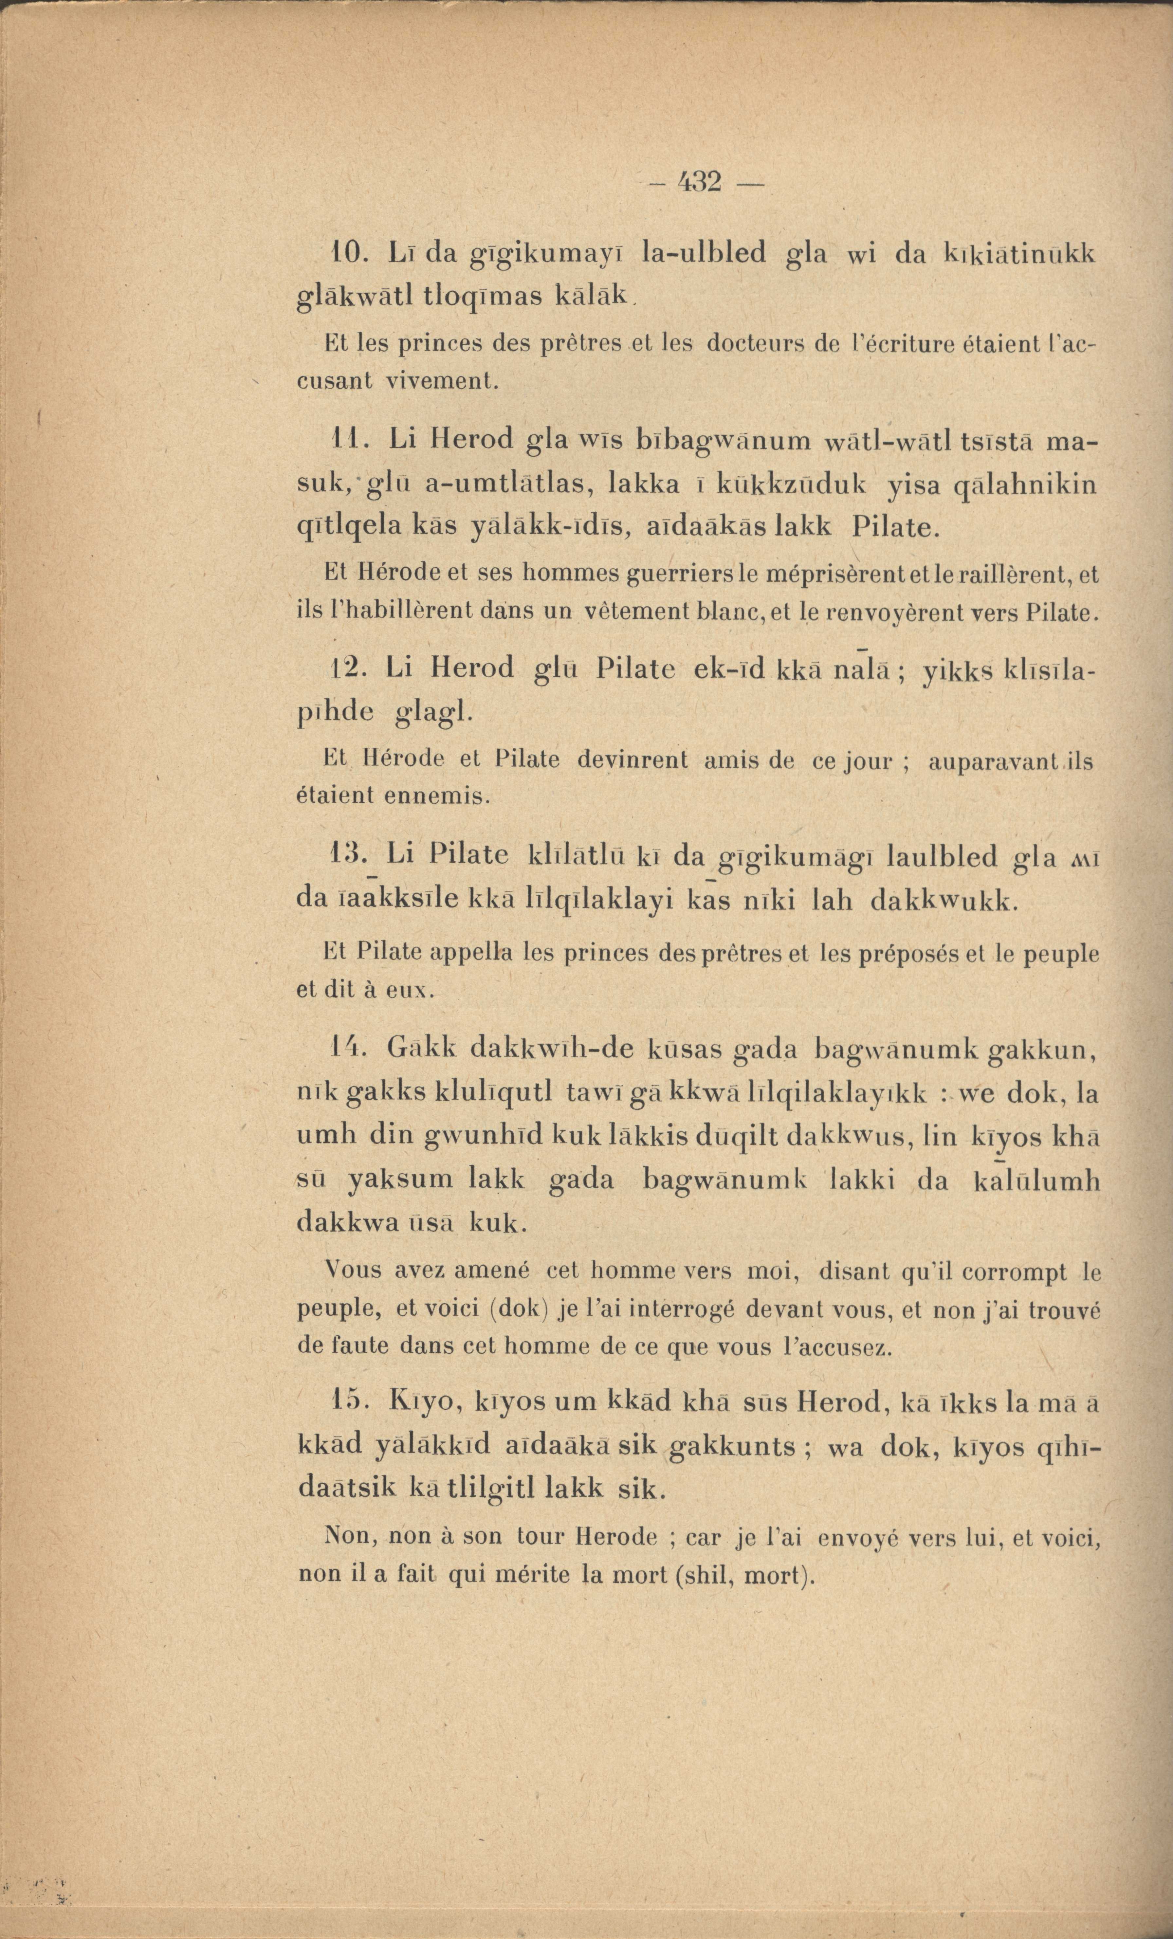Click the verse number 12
coord(344,670)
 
